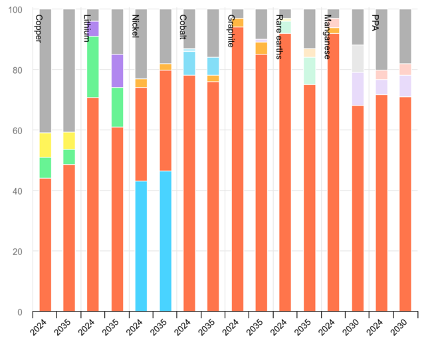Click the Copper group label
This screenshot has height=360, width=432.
point(38,29)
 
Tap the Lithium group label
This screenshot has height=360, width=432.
point(86,28)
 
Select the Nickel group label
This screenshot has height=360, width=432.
point(135,27)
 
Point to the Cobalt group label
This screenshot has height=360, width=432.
point(183,27)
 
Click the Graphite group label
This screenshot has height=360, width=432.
point(231,31)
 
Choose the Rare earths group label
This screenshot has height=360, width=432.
point(278,36)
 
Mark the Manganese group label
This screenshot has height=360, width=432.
point(327,36)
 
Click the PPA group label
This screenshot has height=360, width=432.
point(375,23)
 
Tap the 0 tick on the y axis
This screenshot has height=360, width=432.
point(20,312)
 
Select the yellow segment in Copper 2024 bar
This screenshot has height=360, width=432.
point(45,145)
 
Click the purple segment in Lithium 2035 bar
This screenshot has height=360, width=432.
point(117,70)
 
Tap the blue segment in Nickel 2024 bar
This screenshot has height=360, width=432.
point(141,246)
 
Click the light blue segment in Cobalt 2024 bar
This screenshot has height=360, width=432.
point(189,63)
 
